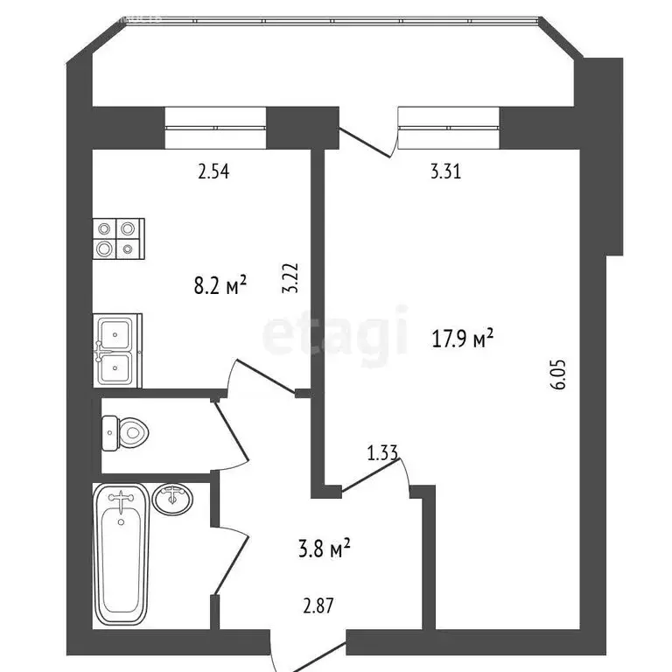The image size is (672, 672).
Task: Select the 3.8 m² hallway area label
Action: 324,549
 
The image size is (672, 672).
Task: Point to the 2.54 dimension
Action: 213,172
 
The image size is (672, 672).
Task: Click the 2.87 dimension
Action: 317,605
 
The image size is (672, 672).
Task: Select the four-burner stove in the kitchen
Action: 118,238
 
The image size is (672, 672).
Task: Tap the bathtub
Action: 122,553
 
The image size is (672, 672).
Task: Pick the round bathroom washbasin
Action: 173,500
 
